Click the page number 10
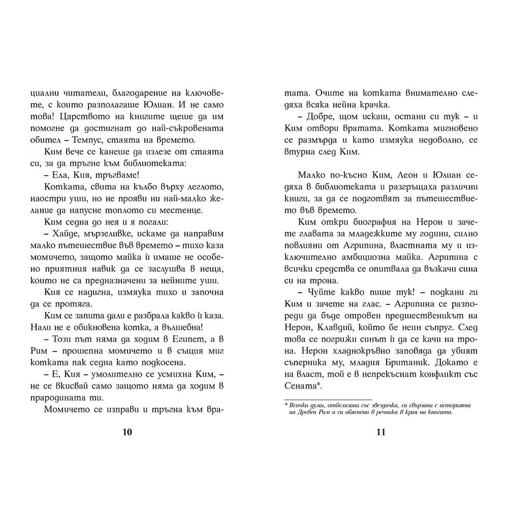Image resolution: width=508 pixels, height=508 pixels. coord(128,432)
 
